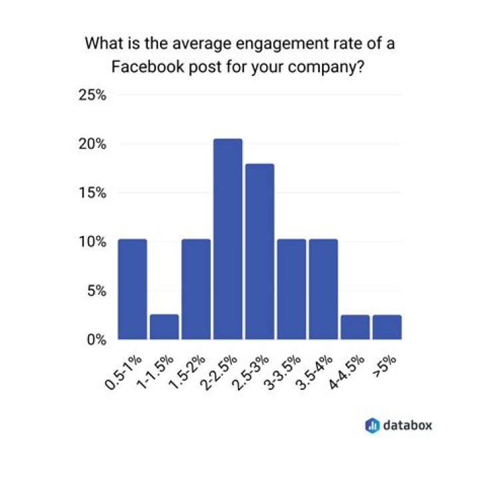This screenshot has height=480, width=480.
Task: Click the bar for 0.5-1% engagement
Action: click(x=132, y=289)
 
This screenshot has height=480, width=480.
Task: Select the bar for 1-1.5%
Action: click(x=164, y=327)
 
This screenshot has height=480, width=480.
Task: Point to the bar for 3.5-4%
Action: click(x=323, y=289)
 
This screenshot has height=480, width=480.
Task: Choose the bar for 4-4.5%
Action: click(x=355, y=327)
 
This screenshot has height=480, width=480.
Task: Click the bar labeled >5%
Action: click(x=387, y=327)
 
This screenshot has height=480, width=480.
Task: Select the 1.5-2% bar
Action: click(x=196, y=289)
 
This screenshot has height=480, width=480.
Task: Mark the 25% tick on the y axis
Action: click(x=93, y=95)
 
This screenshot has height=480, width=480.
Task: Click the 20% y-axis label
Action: click(x=93, y=144)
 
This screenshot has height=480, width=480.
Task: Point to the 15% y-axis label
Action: click(x=93, y=193)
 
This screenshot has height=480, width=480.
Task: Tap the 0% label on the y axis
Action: click(x=97, y=339)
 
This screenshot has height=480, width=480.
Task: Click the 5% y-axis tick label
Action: click(x=97, y=291)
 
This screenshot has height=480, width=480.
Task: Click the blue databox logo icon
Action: click(x=373, y=424)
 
